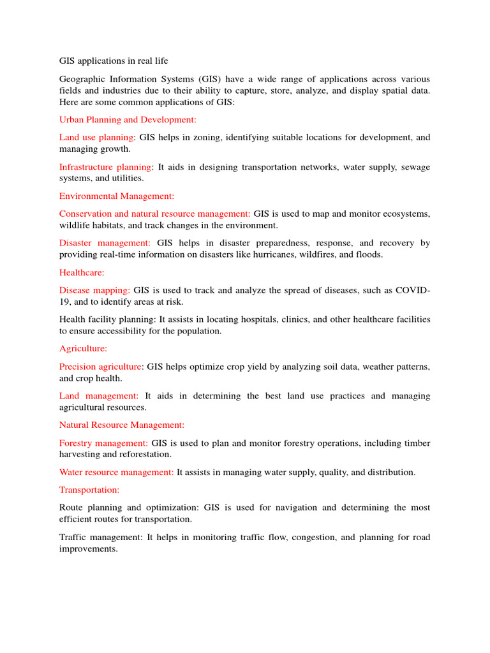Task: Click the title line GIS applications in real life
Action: [x=114, y=61]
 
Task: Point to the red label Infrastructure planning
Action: [x=106, y=166]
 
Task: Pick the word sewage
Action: [x=415, y=166]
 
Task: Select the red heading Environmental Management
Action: [x=117, y=196]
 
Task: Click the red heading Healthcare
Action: [x=82, y=272]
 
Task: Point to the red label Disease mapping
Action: [x=94, y=290]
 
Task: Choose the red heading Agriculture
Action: [x=84, y=349]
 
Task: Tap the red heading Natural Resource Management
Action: [x=122, y=425]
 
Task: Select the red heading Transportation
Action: [x=89, y=490]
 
